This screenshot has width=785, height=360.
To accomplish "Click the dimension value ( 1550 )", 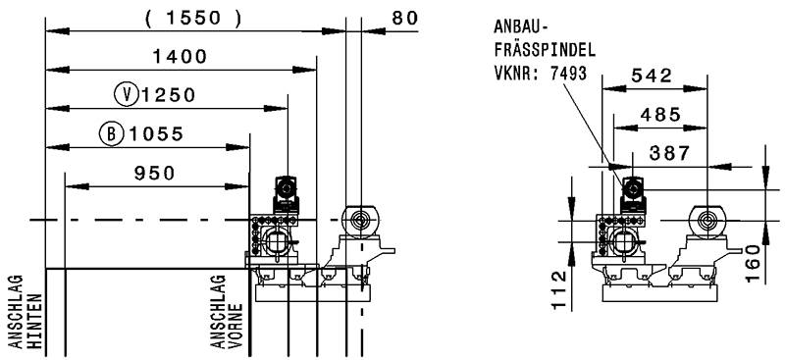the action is click(x=193, y=18).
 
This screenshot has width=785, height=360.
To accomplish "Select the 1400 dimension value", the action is click(x=180, y=57).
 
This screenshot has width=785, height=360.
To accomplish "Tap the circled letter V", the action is click(x=127, y=94).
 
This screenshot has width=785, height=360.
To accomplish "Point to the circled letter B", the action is click(x=111, y=133).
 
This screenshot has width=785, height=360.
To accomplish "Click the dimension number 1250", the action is click(x=168, y=95).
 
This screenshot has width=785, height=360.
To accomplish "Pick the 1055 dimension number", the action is click(x=156, y=134).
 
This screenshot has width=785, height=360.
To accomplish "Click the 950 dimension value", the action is click(x=155, y=174).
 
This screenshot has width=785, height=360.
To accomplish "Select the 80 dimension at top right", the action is click(x=404, y=18).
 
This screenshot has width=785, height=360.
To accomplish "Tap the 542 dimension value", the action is click(x=652, y=76).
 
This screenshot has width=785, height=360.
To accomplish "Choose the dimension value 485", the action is click(x=660, y=115).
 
